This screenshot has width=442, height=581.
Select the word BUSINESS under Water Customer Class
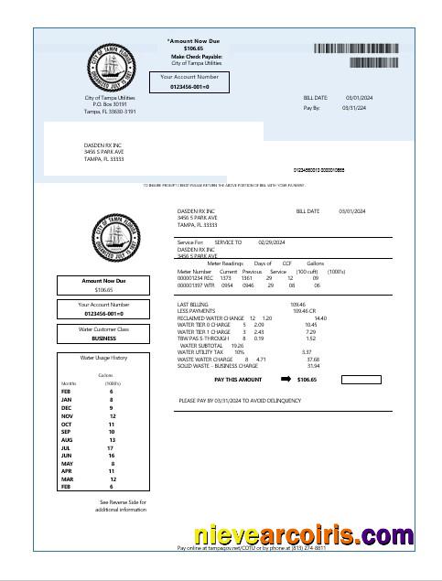[x=103, y=338]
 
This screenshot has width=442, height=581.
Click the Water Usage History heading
[x=103, y=358]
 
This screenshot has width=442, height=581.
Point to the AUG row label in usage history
[x=66, y=439]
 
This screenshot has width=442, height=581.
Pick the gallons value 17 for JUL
[x=111, y=447]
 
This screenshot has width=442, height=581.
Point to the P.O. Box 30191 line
[x=110, y=104]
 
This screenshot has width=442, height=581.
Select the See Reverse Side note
[x=123, y=502]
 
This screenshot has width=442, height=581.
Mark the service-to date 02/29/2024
[x=273, y=242]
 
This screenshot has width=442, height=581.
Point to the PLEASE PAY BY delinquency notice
[x=240, y=401]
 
